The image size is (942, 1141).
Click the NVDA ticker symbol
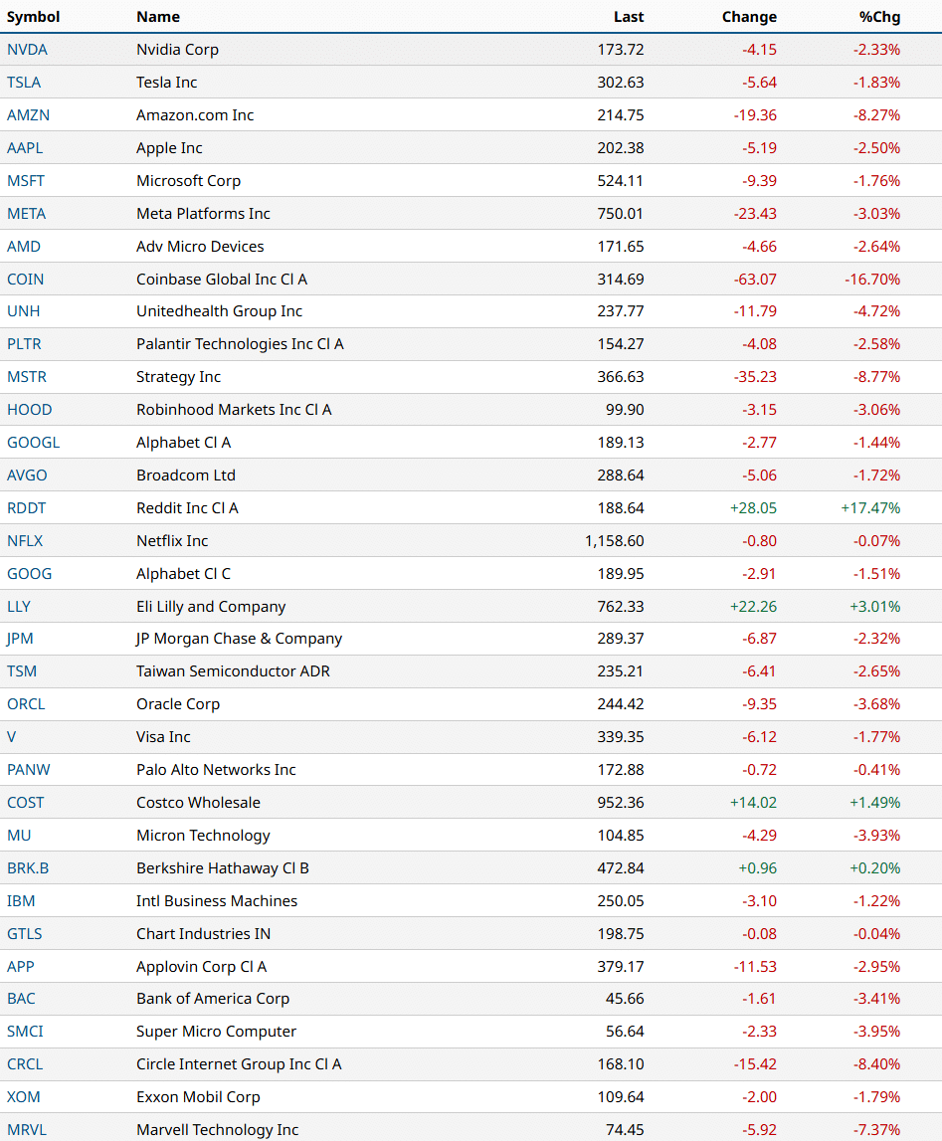27,50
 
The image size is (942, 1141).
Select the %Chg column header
879,17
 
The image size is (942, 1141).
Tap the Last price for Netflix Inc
615,541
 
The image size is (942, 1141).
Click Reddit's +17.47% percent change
870,508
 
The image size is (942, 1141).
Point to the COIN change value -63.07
753,280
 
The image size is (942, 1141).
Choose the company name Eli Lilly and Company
211,607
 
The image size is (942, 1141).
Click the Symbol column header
33,17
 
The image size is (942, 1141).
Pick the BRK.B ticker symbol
28,868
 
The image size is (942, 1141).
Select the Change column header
749,17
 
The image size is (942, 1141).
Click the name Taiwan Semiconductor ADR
233,671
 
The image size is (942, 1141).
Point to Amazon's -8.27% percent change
876,115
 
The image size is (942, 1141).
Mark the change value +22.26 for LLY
753,607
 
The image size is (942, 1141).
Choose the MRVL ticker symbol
27,1130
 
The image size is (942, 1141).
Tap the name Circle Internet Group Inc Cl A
239,1064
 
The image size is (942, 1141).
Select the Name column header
158,17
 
